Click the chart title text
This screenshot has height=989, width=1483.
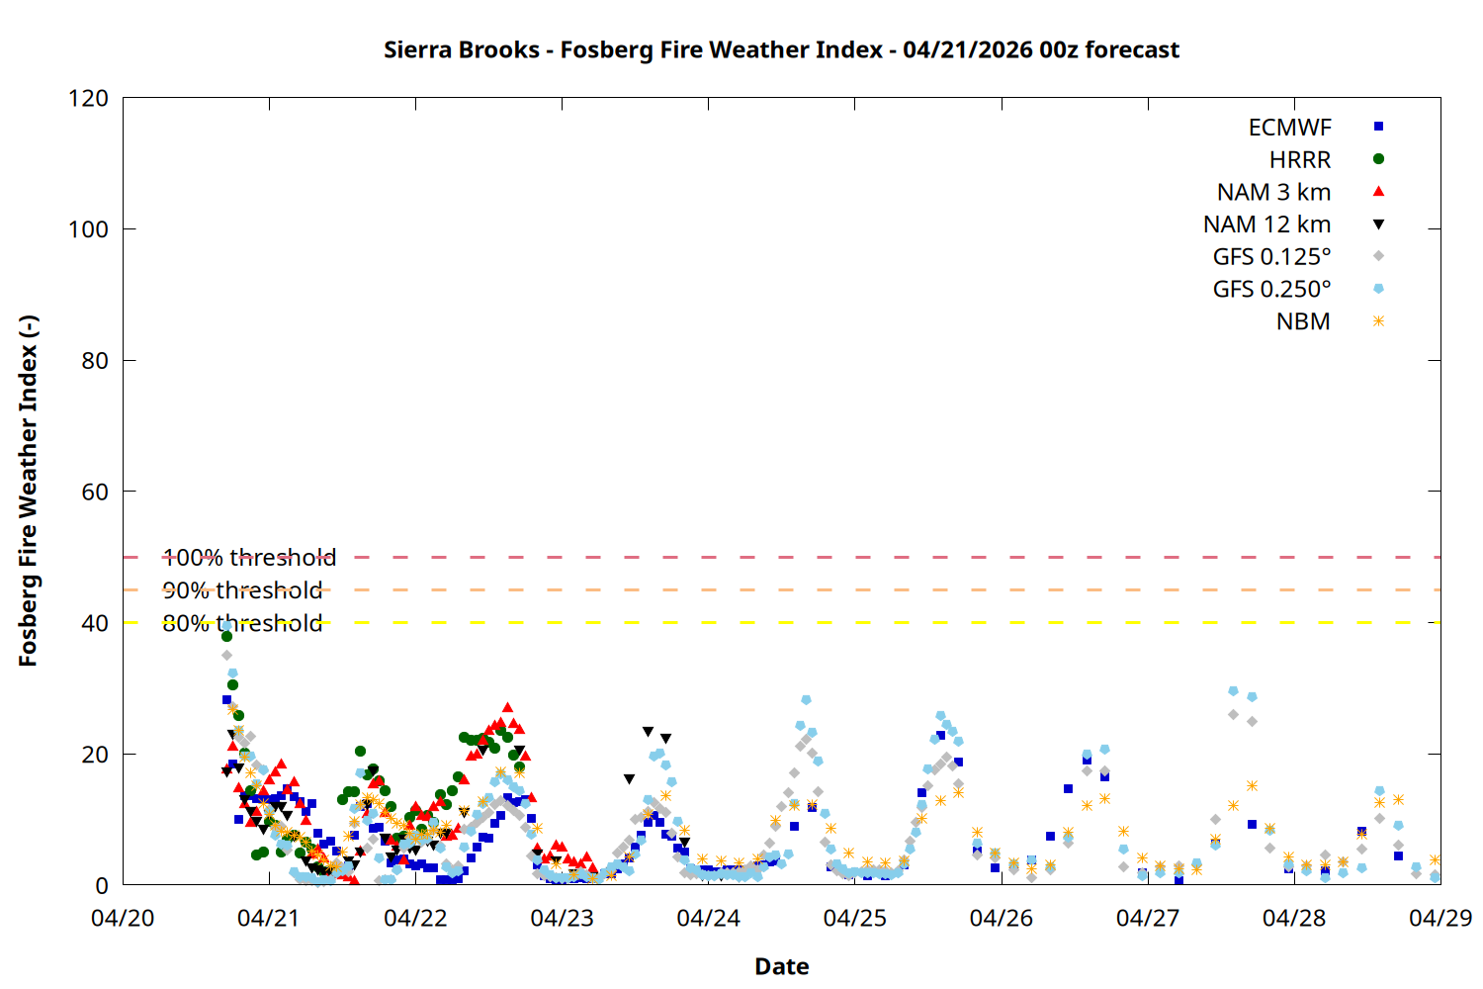(781, 49)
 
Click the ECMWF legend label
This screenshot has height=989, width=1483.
(1289, 128)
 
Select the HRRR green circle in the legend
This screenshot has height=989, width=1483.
(1378, 159)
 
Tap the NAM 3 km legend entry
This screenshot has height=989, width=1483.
(1273, 192)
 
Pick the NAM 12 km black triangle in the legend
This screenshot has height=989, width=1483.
(1378, 225)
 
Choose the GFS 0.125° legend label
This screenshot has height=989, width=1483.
(1271, 257)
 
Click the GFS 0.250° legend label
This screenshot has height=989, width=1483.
(1271, 290)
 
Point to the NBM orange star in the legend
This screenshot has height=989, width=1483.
(1378, 321)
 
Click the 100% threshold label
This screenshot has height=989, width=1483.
(249, 558)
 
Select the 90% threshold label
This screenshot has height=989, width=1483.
(242, 590)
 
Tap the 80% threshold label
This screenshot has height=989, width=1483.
(242, 623)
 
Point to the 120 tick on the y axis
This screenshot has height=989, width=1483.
(89, 98)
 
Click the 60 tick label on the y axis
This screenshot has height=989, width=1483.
(95, 492)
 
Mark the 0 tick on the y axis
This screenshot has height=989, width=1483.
(102, 885)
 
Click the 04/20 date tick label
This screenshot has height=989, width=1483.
(123, 918)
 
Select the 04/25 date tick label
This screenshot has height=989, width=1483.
(854, 918)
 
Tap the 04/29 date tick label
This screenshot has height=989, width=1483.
(1439, 918)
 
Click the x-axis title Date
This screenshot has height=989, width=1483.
(781, 966)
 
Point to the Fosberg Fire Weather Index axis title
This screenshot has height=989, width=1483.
(28, 492)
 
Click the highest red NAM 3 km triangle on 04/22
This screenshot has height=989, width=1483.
(508, 708)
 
